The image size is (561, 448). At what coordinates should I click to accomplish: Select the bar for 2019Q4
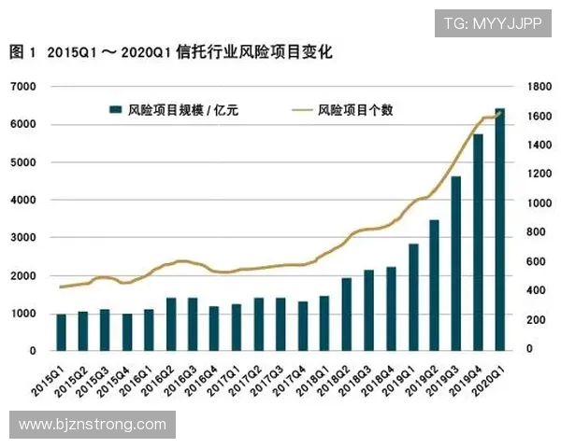[478, 243]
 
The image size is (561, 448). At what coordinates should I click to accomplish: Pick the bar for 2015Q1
[61, 332]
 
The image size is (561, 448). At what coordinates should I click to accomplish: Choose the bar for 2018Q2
[346, 314]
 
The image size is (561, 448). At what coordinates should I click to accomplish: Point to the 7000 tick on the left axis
[22, 87]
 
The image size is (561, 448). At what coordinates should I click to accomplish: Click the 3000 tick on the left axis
[22, 238]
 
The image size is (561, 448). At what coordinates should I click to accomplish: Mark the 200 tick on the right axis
[537, 320]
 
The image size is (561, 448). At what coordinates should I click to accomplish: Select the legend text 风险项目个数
[355, 110]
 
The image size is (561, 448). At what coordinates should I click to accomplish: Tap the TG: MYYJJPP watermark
[491, 22]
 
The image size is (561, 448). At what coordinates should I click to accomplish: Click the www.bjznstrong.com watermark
[93, 425]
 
